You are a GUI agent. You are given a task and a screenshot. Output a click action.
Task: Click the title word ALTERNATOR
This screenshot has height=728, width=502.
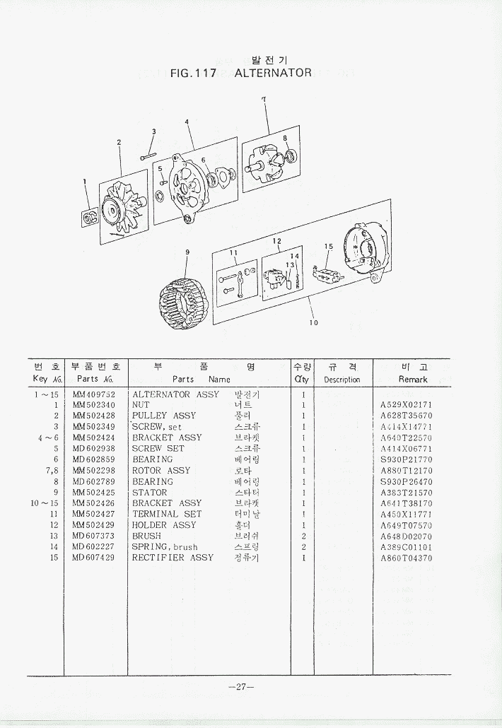coord(272,73)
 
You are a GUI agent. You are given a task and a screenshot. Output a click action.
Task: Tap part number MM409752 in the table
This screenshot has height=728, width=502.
coord(93,394)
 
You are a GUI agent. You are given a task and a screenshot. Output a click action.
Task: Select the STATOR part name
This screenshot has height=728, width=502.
coord(150,493)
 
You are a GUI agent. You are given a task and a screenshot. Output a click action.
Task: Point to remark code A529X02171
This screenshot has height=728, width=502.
coord(406,405)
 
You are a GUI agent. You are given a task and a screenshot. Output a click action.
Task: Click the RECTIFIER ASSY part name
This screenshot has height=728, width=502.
coord(173,558)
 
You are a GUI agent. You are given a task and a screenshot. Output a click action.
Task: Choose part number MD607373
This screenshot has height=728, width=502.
coord(93,536)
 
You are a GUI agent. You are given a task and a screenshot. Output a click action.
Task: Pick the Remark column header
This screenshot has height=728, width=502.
coord(413,380)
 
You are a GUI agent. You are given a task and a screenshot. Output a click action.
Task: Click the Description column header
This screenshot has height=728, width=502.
coord(342,380)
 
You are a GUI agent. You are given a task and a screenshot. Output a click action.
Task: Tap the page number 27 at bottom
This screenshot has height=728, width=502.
coord(241,687)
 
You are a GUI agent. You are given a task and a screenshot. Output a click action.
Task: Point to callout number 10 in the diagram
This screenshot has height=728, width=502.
coord(313,323)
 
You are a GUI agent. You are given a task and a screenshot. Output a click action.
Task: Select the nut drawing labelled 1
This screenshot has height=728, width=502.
coord(90,220)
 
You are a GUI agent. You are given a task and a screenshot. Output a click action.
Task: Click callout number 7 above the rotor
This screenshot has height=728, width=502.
coord(263,100)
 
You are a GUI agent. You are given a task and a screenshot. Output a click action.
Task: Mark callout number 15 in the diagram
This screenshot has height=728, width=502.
coord(328,246)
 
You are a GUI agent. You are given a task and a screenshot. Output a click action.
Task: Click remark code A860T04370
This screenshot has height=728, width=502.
coord(406,558)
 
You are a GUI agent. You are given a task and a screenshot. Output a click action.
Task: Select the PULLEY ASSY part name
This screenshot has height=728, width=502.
coord(164,416)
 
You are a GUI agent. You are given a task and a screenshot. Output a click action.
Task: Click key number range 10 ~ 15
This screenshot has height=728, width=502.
coord(44,503)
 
